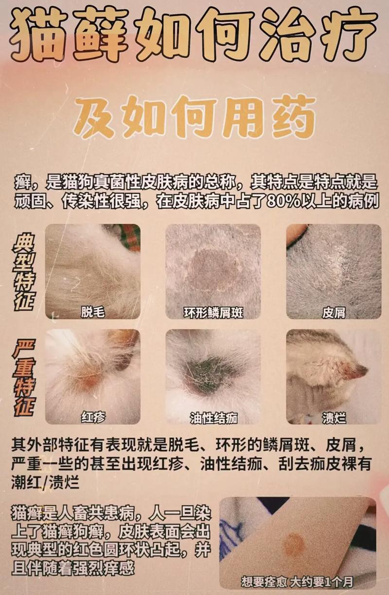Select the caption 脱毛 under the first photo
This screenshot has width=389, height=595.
92,312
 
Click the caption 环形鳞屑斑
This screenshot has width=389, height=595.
213,312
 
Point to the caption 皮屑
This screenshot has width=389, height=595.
334,312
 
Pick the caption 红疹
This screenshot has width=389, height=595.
92,417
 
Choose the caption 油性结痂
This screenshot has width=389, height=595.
213,417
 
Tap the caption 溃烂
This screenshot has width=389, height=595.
334,417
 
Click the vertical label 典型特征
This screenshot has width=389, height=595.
23,272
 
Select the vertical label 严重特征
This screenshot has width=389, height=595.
23,377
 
